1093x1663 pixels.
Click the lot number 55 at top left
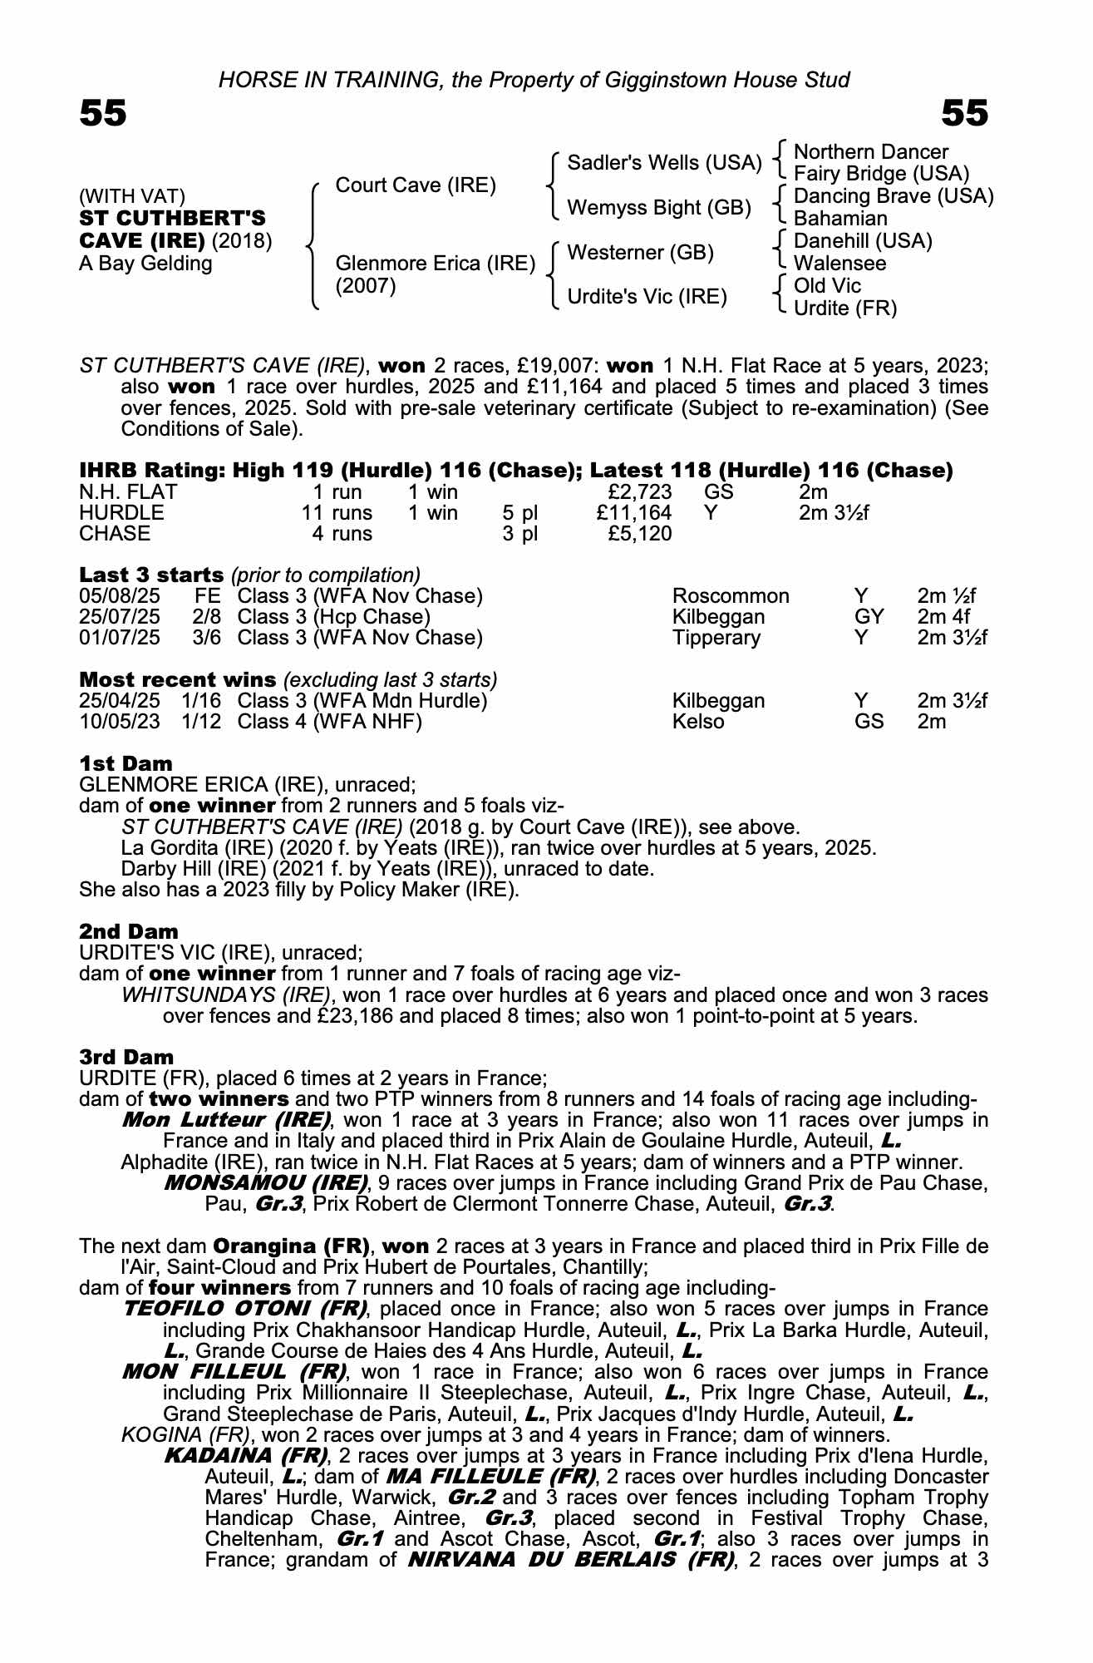pyautogui.click(x=103, y=113)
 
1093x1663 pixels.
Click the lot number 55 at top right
pyautogui.click(x=965, y=113)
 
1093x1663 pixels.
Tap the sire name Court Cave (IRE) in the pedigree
pyautogui.click(x=415, y=185)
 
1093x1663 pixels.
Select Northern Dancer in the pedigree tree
pyautogui.click(x=871, y=152)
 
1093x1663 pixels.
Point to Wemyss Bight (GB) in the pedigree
pyautogui.click(x=658, y=207)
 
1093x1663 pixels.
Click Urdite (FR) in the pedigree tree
pyautogui.click(x=845, y=308)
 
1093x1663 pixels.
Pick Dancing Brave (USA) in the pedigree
pyautogui.click(x=894, y=196)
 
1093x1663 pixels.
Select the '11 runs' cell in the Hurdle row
pyautogui.click(x=337, y=513)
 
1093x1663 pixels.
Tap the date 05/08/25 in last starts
pyautogui.click(x=119, y=596)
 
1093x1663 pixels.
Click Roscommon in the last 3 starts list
pyautogui.click(x=731, y=596)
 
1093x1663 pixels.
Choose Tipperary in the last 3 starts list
pyautogui.click(x=716, y=638)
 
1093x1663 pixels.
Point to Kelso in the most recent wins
pyautogui.click(x=698, y=722)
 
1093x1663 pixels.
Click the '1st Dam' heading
pyautogui.click(x=126, y=763)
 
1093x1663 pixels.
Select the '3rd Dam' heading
pyautogui.click(x=126, y=1057)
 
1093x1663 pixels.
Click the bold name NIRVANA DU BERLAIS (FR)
pyautogui.click(x=571, y=1560)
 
